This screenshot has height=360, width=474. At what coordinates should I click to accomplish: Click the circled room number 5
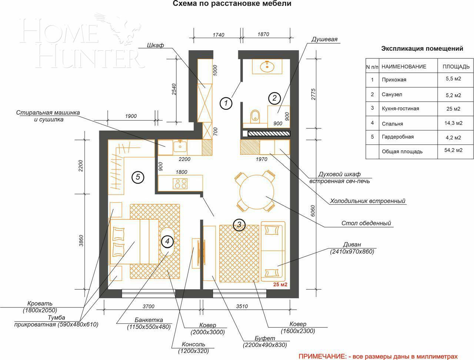[x=138, y=177]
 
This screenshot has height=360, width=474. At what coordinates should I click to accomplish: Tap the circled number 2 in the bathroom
[x=274, y=98]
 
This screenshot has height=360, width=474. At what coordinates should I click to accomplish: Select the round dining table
[x=257, y=192]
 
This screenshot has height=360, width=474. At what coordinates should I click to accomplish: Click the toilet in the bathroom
[x=255, y=117]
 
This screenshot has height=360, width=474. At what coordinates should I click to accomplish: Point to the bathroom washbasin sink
[x=267, y=66]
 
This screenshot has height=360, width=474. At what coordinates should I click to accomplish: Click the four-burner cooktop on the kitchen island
[x=180, y=184]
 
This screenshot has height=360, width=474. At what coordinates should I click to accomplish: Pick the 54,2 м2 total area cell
[x=453, y=150]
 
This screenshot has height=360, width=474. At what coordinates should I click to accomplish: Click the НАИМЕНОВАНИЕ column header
[x=404, y=67]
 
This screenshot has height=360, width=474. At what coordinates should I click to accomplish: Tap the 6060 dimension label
[x=313, y=211]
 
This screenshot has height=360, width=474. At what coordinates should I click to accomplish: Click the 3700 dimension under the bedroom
[x=148, y=306]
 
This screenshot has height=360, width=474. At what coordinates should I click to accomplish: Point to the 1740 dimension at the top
[x=218, y=35]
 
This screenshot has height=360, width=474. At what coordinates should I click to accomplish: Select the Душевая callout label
[x=324, y=39]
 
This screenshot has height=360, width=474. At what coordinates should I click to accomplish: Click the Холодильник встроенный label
[x=368, y=201]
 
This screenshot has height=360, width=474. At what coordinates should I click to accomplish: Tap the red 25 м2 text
[x=280, y=284]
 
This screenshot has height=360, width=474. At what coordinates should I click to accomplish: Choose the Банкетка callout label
[x=148, y=320]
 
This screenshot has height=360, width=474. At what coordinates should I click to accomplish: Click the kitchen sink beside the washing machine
[x=180, y=146]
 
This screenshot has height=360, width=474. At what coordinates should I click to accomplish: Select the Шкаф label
[x=155, y=45]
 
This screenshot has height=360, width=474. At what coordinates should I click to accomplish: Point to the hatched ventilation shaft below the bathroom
[x=268, y=134]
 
